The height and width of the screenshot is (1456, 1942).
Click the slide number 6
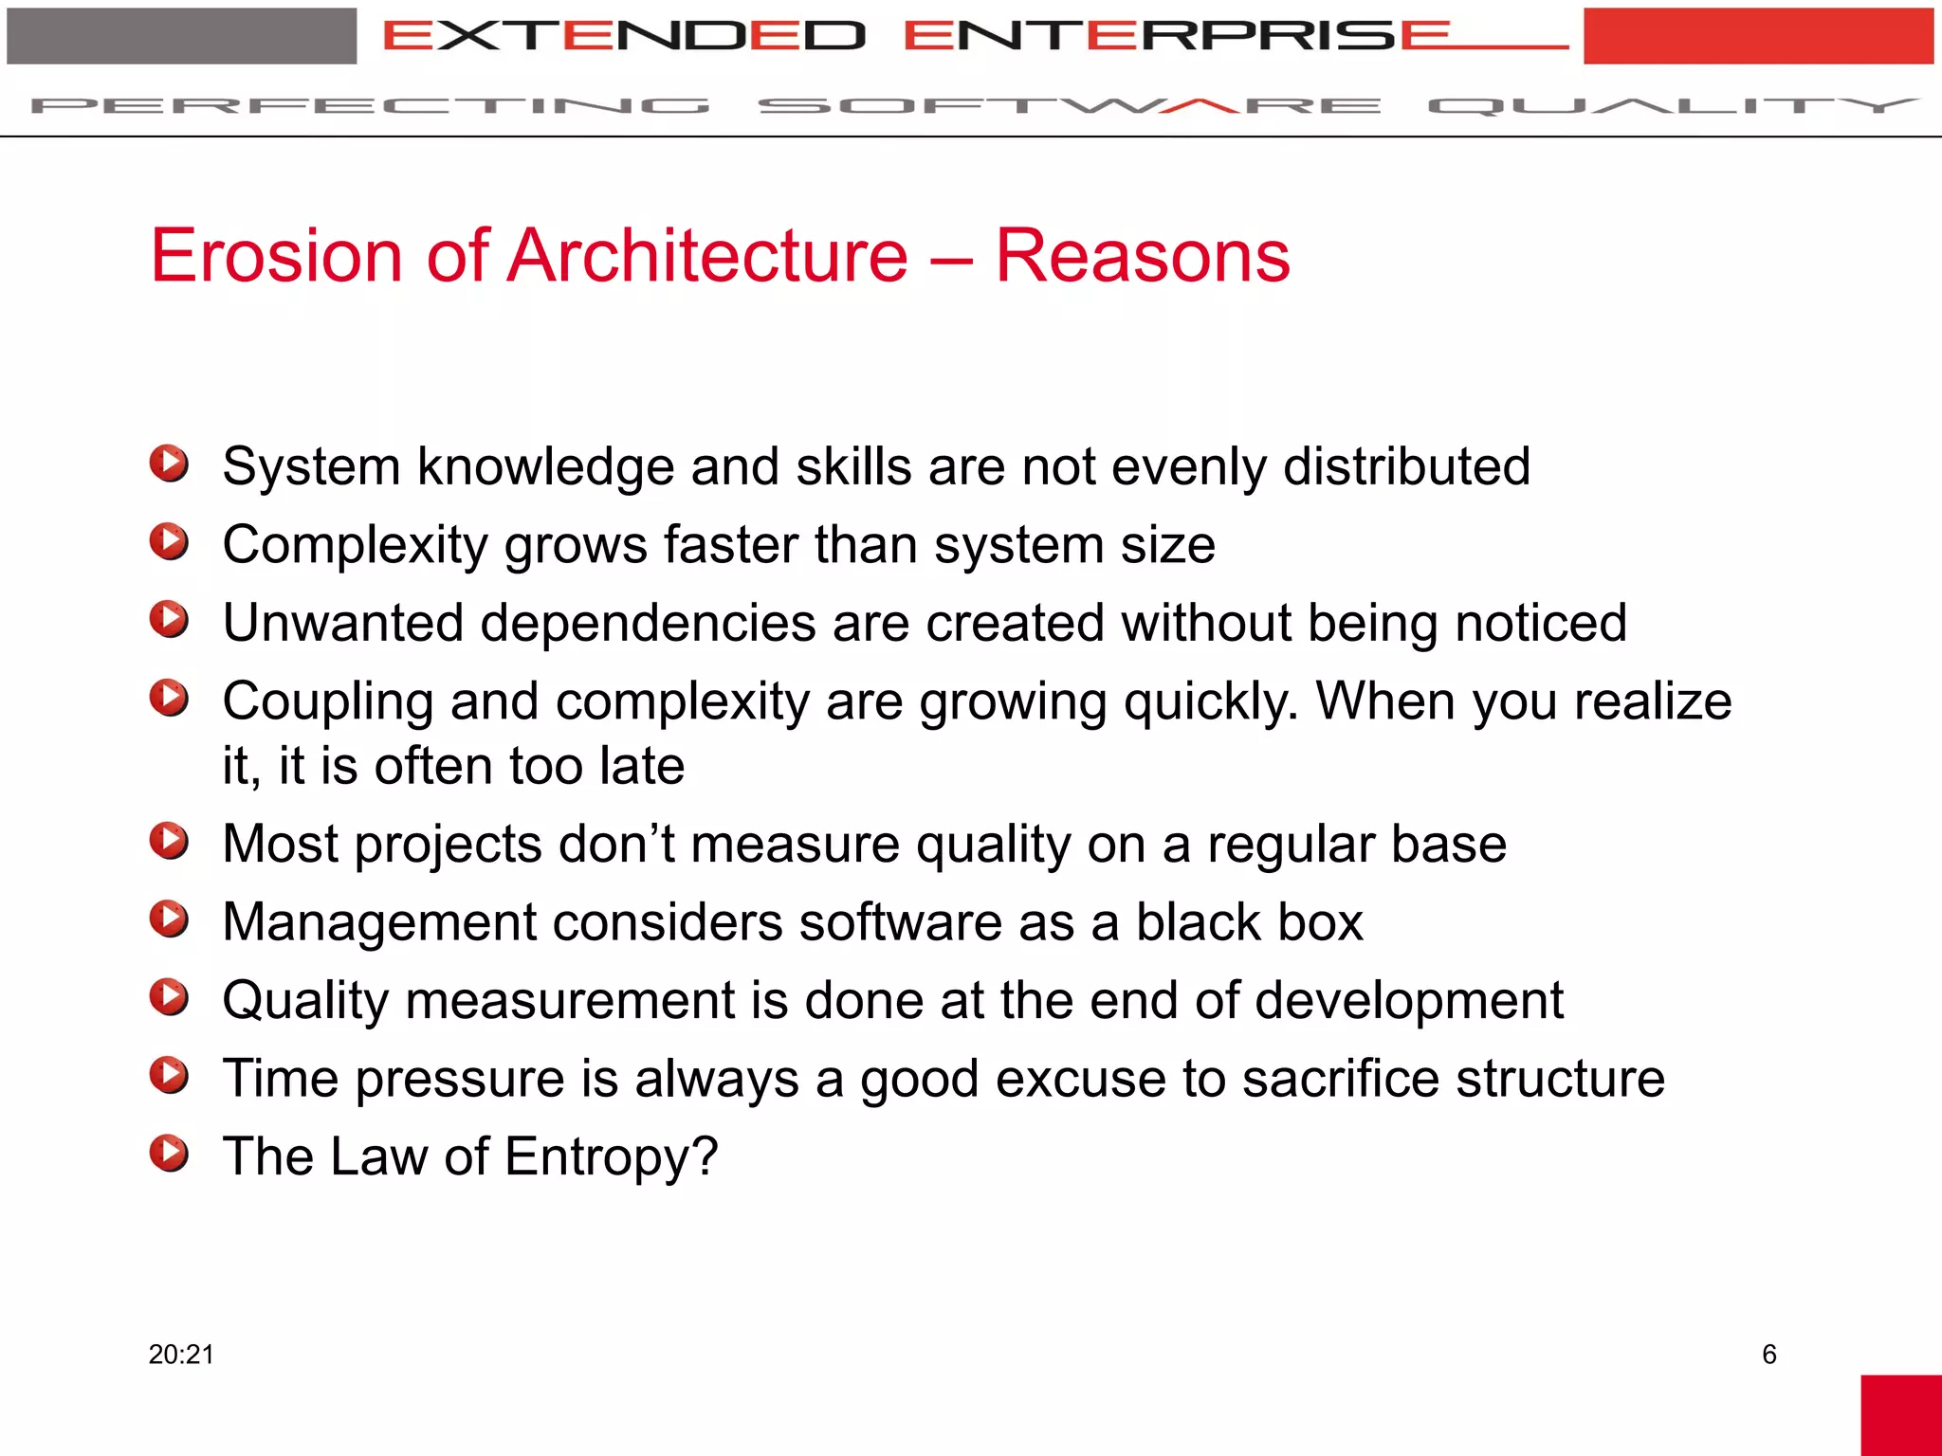tap(1768, 1354)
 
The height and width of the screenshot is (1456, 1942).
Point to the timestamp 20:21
tap(181, 1354)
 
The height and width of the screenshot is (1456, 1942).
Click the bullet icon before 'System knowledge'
tap(169, 464)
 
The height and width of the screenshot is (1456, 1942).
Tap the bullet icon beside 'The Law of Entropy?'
tap(169, 1154)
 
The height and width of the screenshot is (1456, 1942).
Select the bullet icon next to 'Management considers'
tap(169, 919)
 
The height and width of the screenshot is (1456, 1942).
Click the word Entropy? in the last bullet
tap(612, 1156)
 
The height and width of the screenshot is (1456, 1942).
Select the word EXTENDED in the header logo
tap(624, 36)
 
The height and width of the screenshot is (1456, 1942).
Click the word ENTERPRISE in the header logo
tap(1176, 36)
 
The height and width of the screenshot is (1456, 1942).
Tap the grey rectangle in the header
tap(181, 36)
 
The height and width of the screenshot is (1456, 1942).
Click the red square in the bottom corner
tap(1900, 1414)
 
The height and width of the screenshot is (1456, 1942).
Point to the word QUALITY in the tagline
tap(1673, 105)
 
